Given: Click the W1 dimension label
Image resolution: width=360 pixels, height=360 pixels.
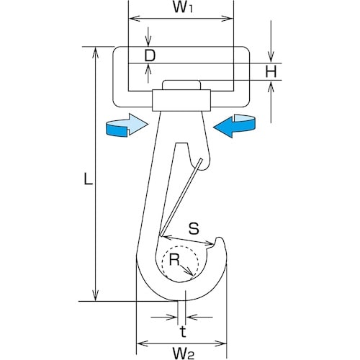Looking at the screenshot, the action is [x=183, y=7].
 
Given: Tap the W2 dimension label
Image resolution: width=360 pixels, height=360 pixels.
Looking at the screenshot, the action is [x=183, y=354].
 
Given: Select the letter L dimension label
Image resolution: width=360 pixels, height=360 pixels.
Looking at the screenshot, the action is [x=88, y=179].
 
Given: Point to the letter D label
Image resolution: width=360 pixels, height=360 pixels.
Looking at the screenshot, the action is [x=150, y=55].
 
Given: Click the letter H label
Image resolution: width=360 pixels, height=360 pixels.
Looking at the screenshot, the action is [x=271, y=71].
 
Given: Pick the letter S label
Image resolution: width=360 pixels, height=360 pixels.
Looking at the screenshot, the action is [x=194, y=228].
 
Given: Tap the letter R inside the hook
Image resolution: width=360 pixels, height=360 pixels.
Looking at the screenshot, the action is [x=174, y=259].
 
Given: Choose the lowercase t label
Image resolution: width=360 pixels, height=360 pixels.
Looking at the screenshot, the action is [x=183, y=332].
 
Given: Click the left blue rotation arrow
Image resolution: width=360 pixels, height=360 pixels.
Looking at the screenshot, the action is [x=127, y=125].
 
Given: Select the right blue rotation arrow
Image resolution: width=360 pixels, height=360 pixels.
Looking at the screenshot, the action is [x=235, y=126].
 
